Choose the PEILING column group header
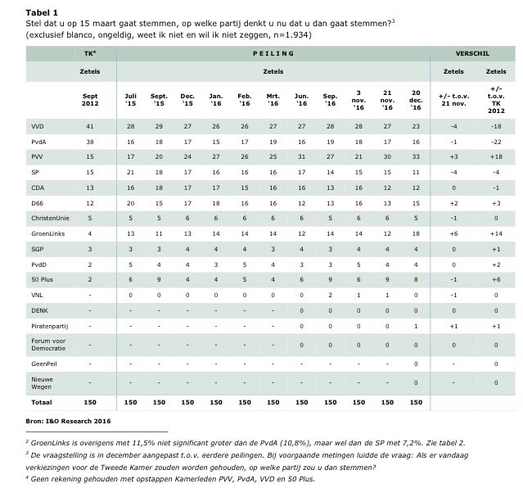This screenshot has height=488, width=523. (x=272, y=52)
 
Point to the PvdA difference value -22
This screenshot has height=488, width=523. (x=495, y=143)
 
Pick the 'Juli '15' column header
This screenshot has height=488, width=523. (x=130, y=100)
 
